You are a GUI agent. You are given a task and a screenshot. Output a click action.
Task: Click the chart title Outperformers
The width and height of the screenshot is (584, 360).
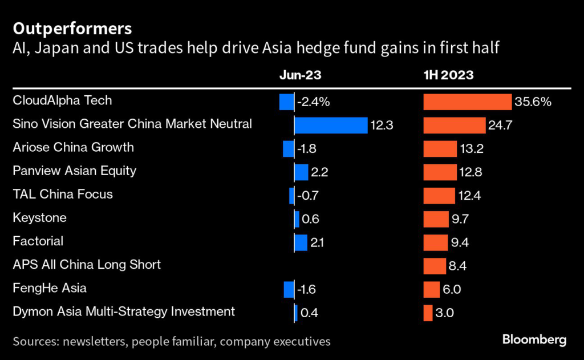click(x=72, y=28)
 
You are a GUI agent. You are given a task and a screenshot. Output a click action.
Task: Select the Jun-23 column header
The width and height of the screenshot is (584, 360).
click(x=301, y=74)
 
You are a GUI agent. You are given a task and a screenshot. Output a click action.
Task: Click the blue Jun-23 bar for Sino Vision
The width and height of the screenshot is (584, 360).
click(x=331, y=125)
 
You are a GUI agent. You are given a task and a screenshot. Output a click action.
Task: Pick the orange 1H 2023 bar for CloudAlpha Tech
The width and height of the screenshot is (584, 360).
click(x=467, y=102)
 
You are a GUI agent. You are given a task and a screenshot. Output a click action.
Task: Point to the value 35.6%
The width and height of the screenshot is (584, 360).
click(x=533, y=102)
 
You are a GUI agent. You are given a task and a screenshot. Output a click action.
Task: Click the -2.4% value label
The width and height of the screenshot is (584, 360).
click(x=313, y=102)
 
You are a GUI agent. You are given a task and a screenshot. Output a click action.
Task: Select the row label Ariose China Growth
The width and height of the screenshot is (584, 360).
click(x=73, y=147)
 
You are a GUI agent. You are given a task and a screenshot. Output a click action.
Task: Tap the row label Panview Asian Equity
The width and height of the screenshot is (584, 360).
click(x=74, y=171)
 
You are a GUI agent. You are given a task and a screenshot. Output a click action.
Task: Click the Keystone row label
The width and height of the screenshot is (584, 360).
click(x=39, y=217)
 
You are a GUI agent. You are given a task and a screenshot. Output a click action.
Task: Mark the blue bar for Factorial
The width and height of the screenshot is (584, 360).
click(x=301, y=242)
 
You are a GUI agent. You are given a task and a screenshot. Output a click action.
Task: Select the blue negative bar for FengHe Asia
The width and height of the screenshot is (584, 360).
click(x=289, y=289)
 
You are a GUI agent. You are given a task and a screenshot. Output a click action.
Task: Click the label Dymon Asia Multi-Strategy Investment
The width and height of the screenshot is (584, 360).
click(x=123, y=312)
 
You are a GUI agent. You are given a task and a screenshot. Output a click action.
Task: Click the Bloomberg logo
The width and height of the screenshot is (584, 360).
click(x=534, y=340)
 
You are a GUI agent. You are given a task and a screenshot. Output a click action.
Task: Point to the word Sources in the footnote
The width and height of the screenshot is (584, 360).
click(x=35, y=342)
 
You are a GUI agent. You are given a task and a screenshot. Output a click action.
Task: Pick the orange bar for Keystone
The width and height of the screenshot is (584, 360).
click(x=436, y=219)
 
